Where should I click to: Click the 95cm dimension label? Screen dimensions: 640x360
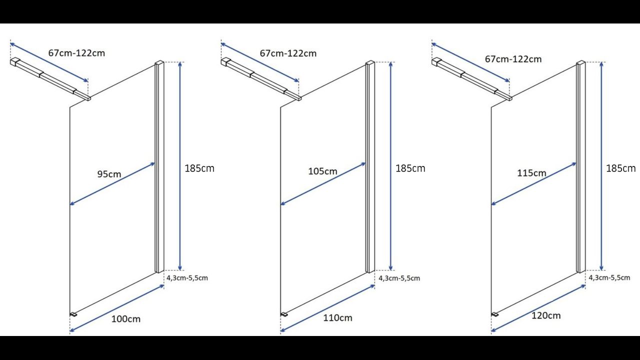point(109,174)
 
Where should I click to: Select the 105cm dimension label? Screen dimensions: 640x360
point(322,171)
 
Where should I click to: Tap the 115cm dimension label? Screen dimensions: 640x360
point(531,173)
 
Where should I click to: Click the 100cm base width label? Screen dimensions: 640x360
point(125,319)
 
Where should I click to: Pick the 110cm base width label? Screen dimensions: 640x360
point(337,317)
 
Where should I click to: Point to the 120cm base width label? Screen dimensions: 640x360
point(546,315)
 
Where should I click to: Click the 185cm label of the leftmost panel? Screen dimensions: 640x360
point(199,168)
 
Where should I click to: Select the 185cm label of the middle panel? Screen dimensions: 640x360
point(410,168)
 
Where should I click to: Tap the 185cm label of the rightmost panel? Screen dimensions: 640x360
point(621,168)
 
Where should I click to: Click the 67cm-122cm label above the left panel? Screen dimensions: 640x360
point(76,53)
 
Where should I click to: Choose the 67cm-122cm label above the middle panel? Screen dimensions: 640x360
point(288,53)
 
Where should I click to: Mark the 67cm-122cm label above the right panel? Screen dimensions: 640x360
point(513,59)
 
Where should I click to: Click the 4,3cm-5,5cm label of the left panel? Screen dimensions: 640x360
point(187,277)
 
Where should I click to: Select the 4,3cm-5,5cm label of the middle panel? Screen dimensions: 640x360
point(399,278)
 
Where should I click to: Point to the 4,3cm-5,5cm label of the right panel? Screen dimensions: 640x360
point(609,277)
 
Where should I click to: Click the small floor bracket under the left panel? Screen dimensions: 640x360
point(73,314)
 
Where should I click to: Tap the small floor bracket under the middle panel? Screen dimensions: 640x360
point(284,314)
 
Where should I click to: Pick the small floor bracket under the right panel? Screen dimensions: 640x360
point(495,314)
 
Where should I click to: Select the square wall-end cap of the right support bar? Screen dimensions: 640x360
point(436,61)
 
